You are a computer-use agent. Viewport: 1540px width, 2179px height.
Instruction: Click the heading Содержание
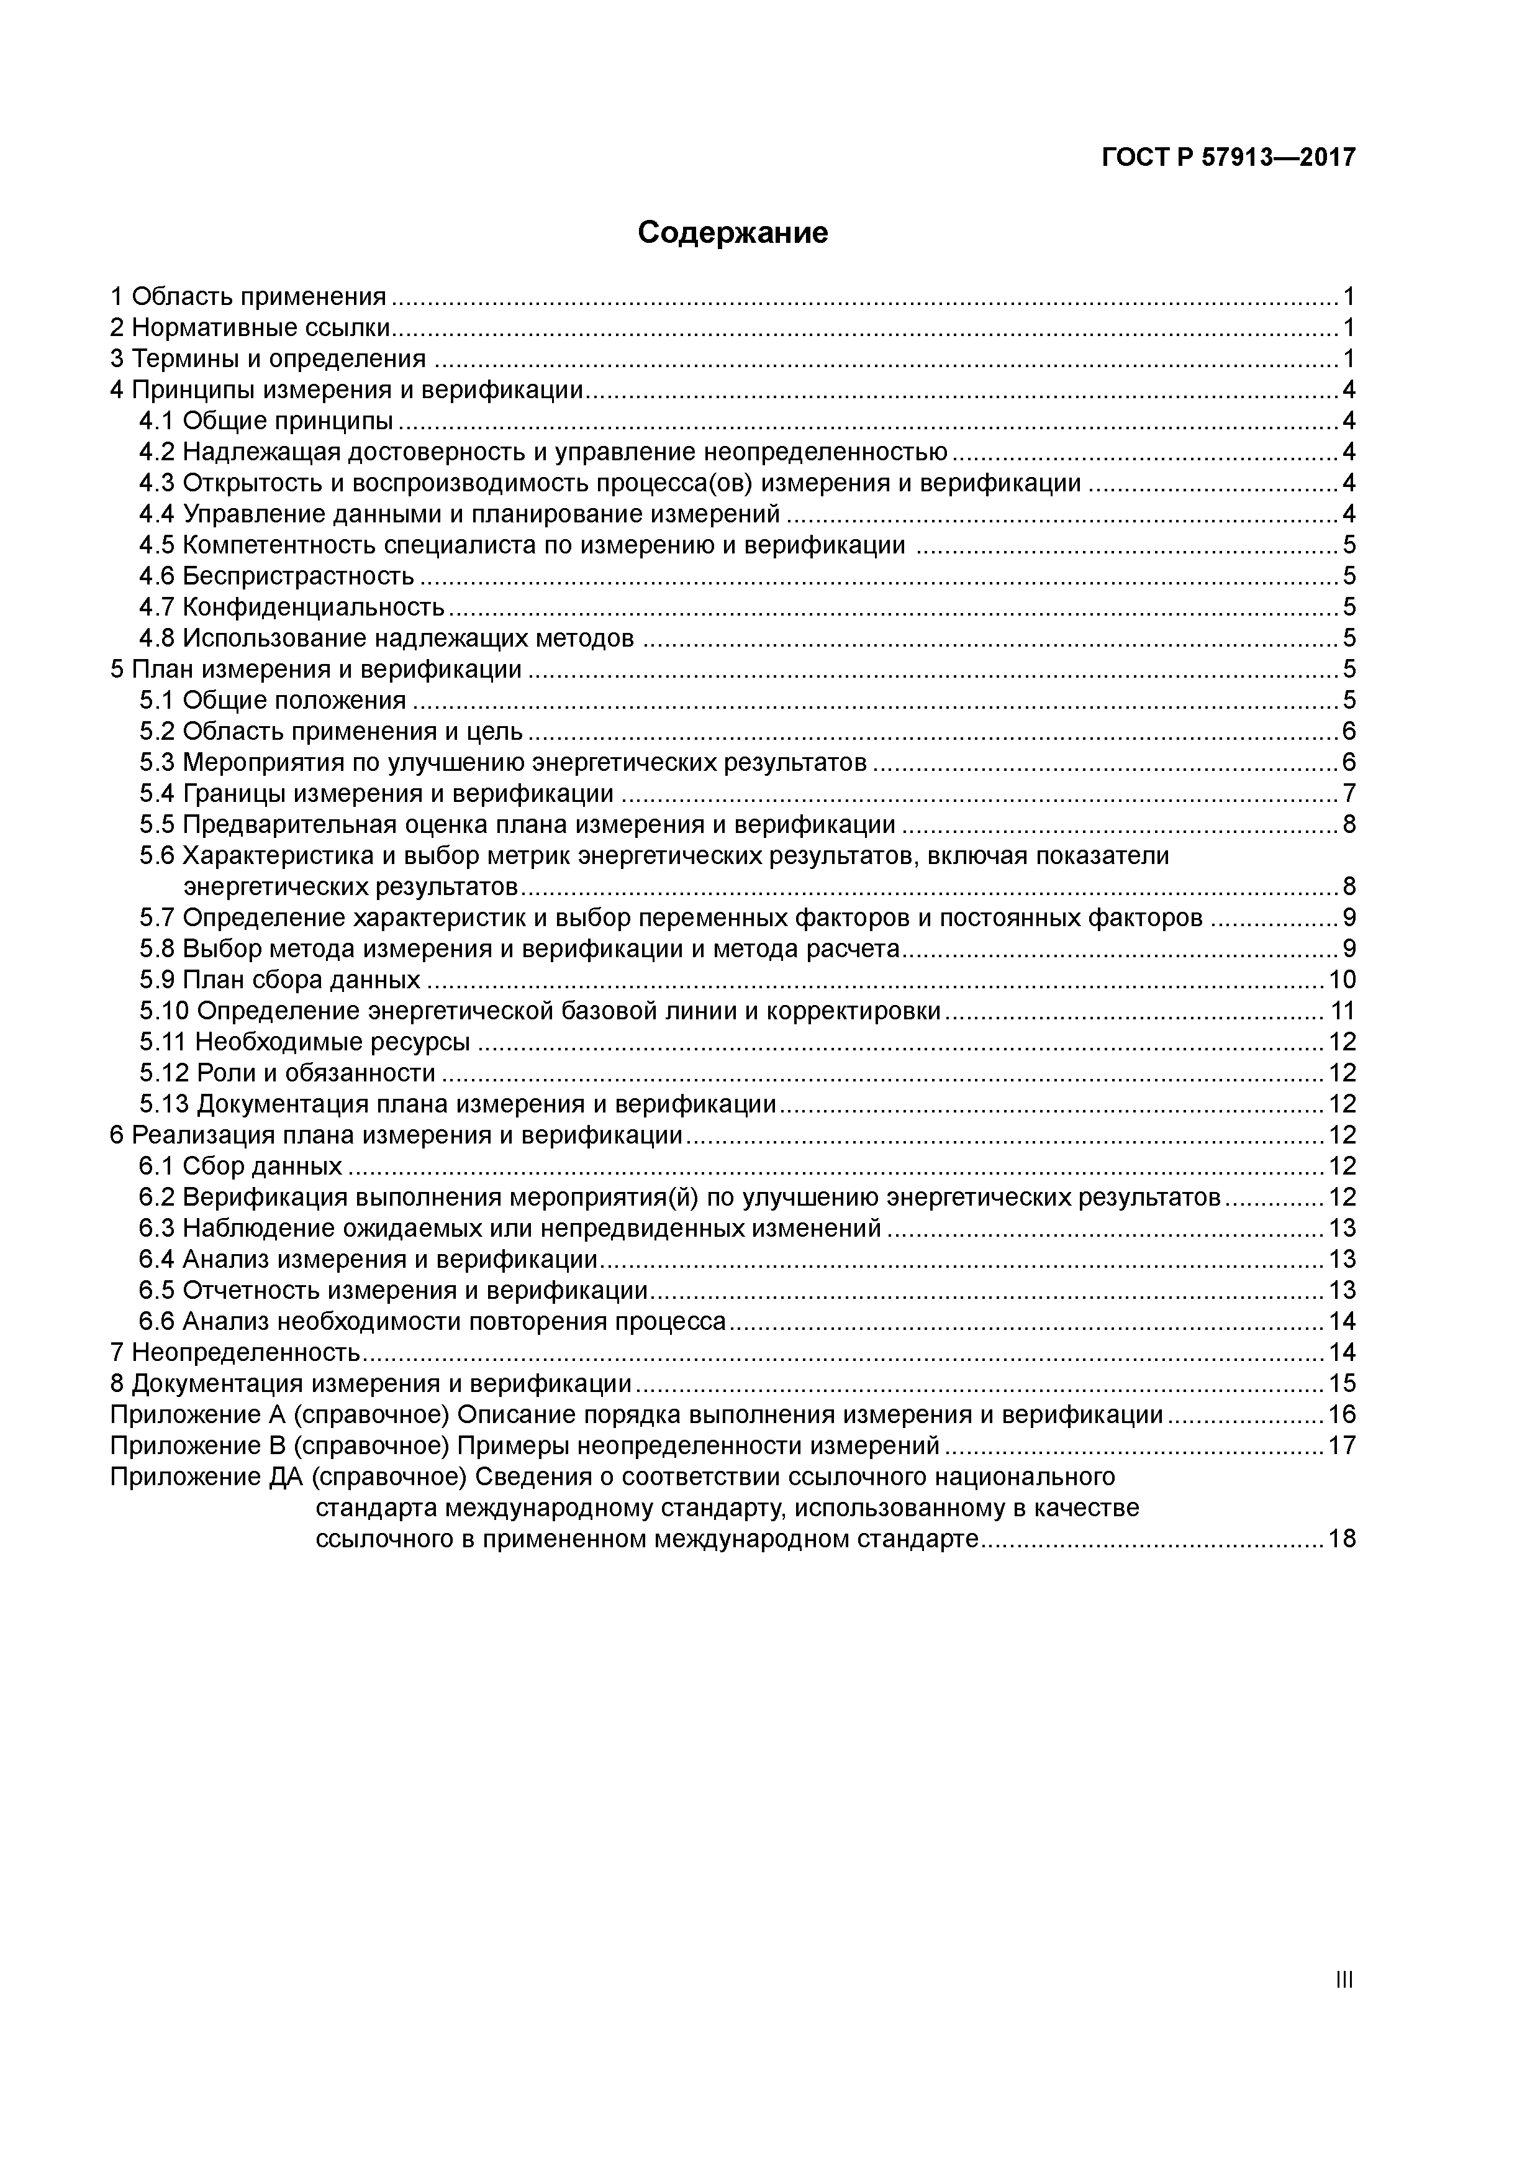(x=733, y=232)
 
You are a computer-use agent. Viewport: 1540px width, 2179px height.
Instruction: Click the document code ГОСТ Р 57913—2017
(x=1229, y=158)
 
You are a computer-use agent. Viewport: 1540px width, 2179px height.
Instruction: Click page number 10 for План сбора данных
(x=1342, y=980)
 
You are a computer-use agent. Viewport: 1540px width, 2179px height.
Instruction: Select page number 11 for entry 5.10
(x=1342, y=1011)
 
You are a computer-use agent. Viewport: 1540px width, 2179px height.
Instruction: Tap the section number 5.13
(x=164, y=1104)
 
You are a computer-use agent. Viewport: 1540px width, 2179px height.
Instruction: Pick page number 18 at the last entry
(x=1342, y=1539)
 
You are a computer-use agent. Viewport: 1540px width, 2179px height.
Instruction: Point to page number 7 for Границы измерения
(x=1348, y=793)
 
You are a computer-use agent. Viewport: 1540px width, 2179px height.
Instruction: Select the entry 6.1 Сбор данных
(x=240, y=1165)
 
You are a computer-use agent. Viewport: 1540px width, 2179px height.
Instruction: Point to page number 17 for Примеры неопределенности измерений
(x=1342, y=1445)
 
